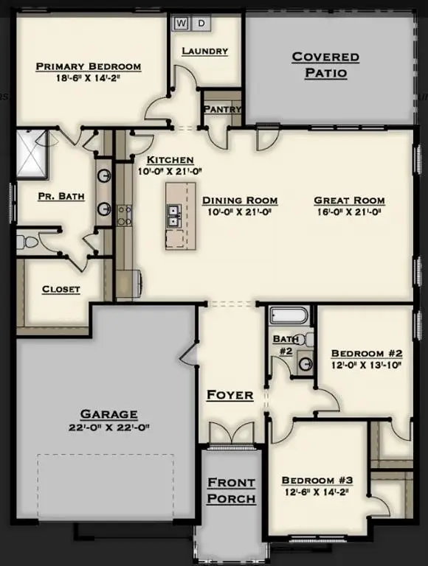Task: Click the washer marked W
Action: pyautogui.click(x=181, y=24)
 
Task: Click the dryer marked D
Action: pyautogui.click(x=201, y=24)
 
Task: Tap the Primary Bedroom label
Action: pyautogui.click(x=89, y=67)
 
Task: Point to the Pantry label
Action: pyautogui.click(x=222, y=110)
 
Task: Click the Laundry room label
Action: pyautogui.click(x=204, y=51)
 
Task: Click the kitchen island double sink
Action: pyautogui.click(x=175, y=216)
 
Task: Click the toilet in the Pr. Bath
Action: pyautogui.click(x=24, y=242)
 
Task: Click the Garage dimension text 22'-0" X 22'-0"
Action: pyautogui.click(x=109, y=427)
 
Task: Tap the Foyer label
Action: pyautogui.click(x=229, y=395)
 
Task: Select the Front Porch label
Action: pyautogui.click(x=231, y=491)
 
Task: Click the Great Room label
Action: pyautogui.click(x=349, y=200)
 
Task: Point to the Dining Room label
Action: pyautogui.click(x=240, y=200)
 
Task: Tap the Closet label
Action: pyautogui.click(x=61, y=289)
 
